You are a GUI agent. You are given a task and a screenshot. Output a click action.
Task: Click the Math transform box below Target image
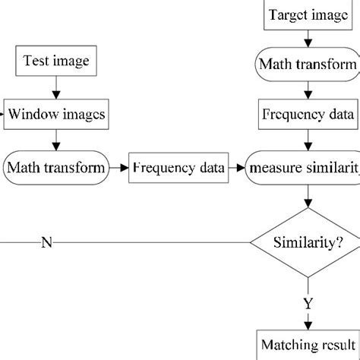point(307,65)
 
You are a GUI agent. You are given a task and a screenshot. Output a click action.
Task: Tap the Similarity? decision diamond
point(307,243)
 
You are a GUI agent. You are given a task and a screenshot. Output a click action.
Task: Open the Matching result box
point(307,346)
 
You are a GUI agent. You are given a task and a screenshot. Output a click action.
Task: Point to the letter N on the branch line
point(46,243)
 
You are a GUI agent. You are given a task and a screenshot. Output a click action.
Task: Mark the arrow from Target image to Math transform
point(307,39)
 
